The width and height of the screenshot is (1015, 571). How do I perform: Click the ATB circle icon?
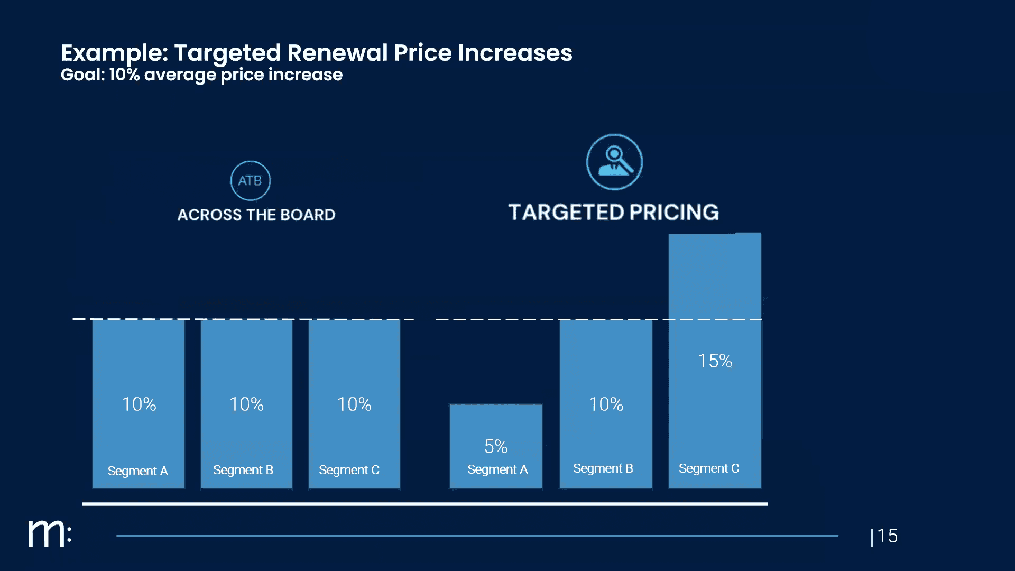tap(250, 181)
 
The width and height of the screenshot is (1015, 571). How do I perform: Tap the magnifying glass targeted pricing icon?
tap(614, 162)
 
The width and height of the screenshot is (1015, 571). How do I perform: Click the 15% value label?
tap(715, 361)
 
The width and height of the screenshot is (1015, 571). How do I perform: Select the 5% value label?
tap(496, 447)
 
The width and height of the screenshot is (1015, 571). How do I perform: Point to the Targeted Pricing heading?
tap(613, 213)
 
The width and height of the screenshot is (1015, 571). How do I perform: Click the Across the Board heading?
tap(256, 215)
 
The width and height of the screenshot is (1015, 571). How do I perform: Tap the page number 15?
tap(887, 536)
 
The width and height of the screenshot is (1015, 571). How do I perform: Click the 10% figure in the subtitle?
tap(124, 75)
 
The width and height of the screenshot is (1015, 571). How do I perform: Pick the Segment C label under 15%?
tap(709, 468)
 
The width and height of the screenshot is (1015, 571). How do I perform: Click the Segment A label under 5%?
tap(497, 469)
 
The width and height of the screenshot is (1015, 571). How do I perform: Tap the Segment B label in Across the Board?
tap(243, 470)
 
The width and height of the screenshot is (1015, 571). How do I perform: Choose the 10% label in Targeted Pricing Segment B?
tap(606, 404)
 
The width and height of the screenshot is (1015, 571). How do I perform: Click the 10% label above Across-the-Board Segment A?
tap(139, 404)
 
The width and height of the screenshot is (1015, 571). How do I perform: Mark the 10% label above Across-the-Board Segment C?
tap(354, 404)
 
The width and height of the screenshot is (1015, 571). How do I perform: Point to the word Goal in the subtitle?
tap(82, 75)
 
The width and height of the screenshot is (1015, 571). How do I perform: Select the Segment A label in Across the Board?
tap(137, 471)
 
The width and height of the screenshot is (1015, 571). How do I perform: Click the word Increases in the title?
tap(515, 53)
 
